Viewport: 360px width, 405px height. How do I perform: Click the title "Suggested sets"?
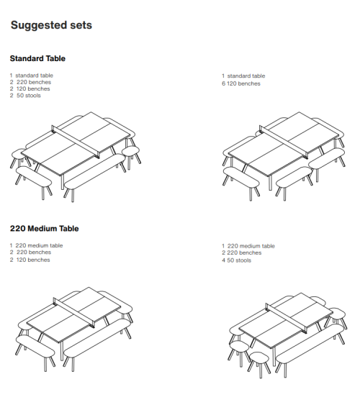click(x=51, y=26)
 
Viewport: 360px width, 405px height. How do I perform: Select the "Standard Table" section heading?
click(x=37, y=58)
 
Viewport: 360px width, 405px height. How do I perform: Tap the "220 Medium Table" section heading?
click(x=45, y=229)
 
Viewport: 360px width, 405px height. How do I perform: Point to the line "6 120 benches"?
click(x=241, y=83)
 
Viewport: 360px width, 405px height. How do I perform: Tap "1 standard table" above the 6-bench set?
click(x=243, y=76)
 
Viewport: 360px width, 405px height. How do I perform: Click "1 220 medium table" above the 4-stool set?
click(x=248, y=246)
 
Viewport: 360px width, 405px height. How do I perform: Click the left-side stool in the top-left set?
click(x=19, y=153)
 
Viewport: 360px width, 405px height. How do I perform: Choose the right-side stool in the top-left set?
click(x=130, y=151)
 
